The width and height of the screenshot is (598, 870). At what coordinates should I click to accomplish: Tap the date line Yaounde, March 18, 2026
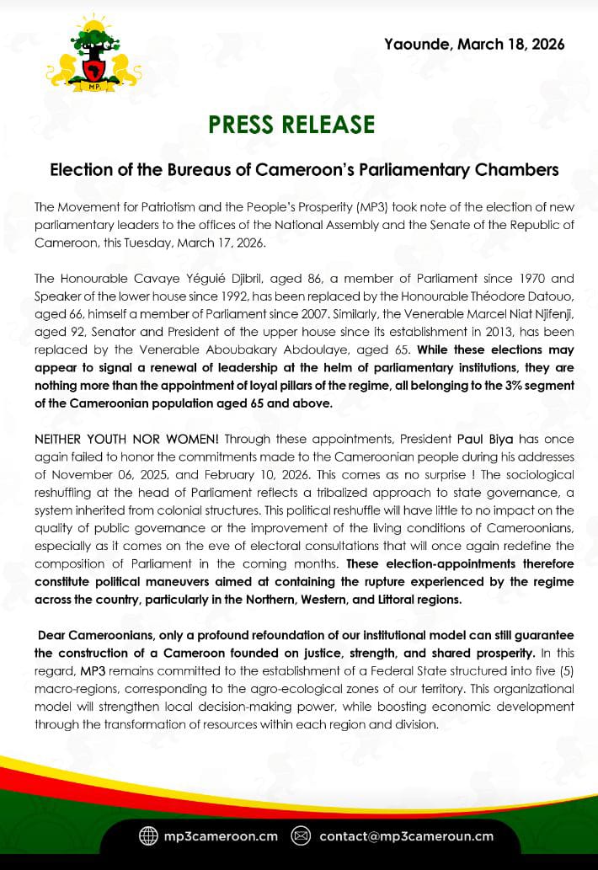(474, 44)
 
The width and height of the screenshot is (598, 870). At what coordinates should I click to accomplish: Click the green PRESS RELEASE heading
(291, 124)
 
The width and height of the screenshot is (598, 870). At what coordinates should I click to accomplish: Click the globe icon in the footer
(148, 836)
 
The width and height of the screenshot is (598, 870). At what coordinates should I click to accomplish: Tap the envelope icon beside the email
(301, 836)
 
